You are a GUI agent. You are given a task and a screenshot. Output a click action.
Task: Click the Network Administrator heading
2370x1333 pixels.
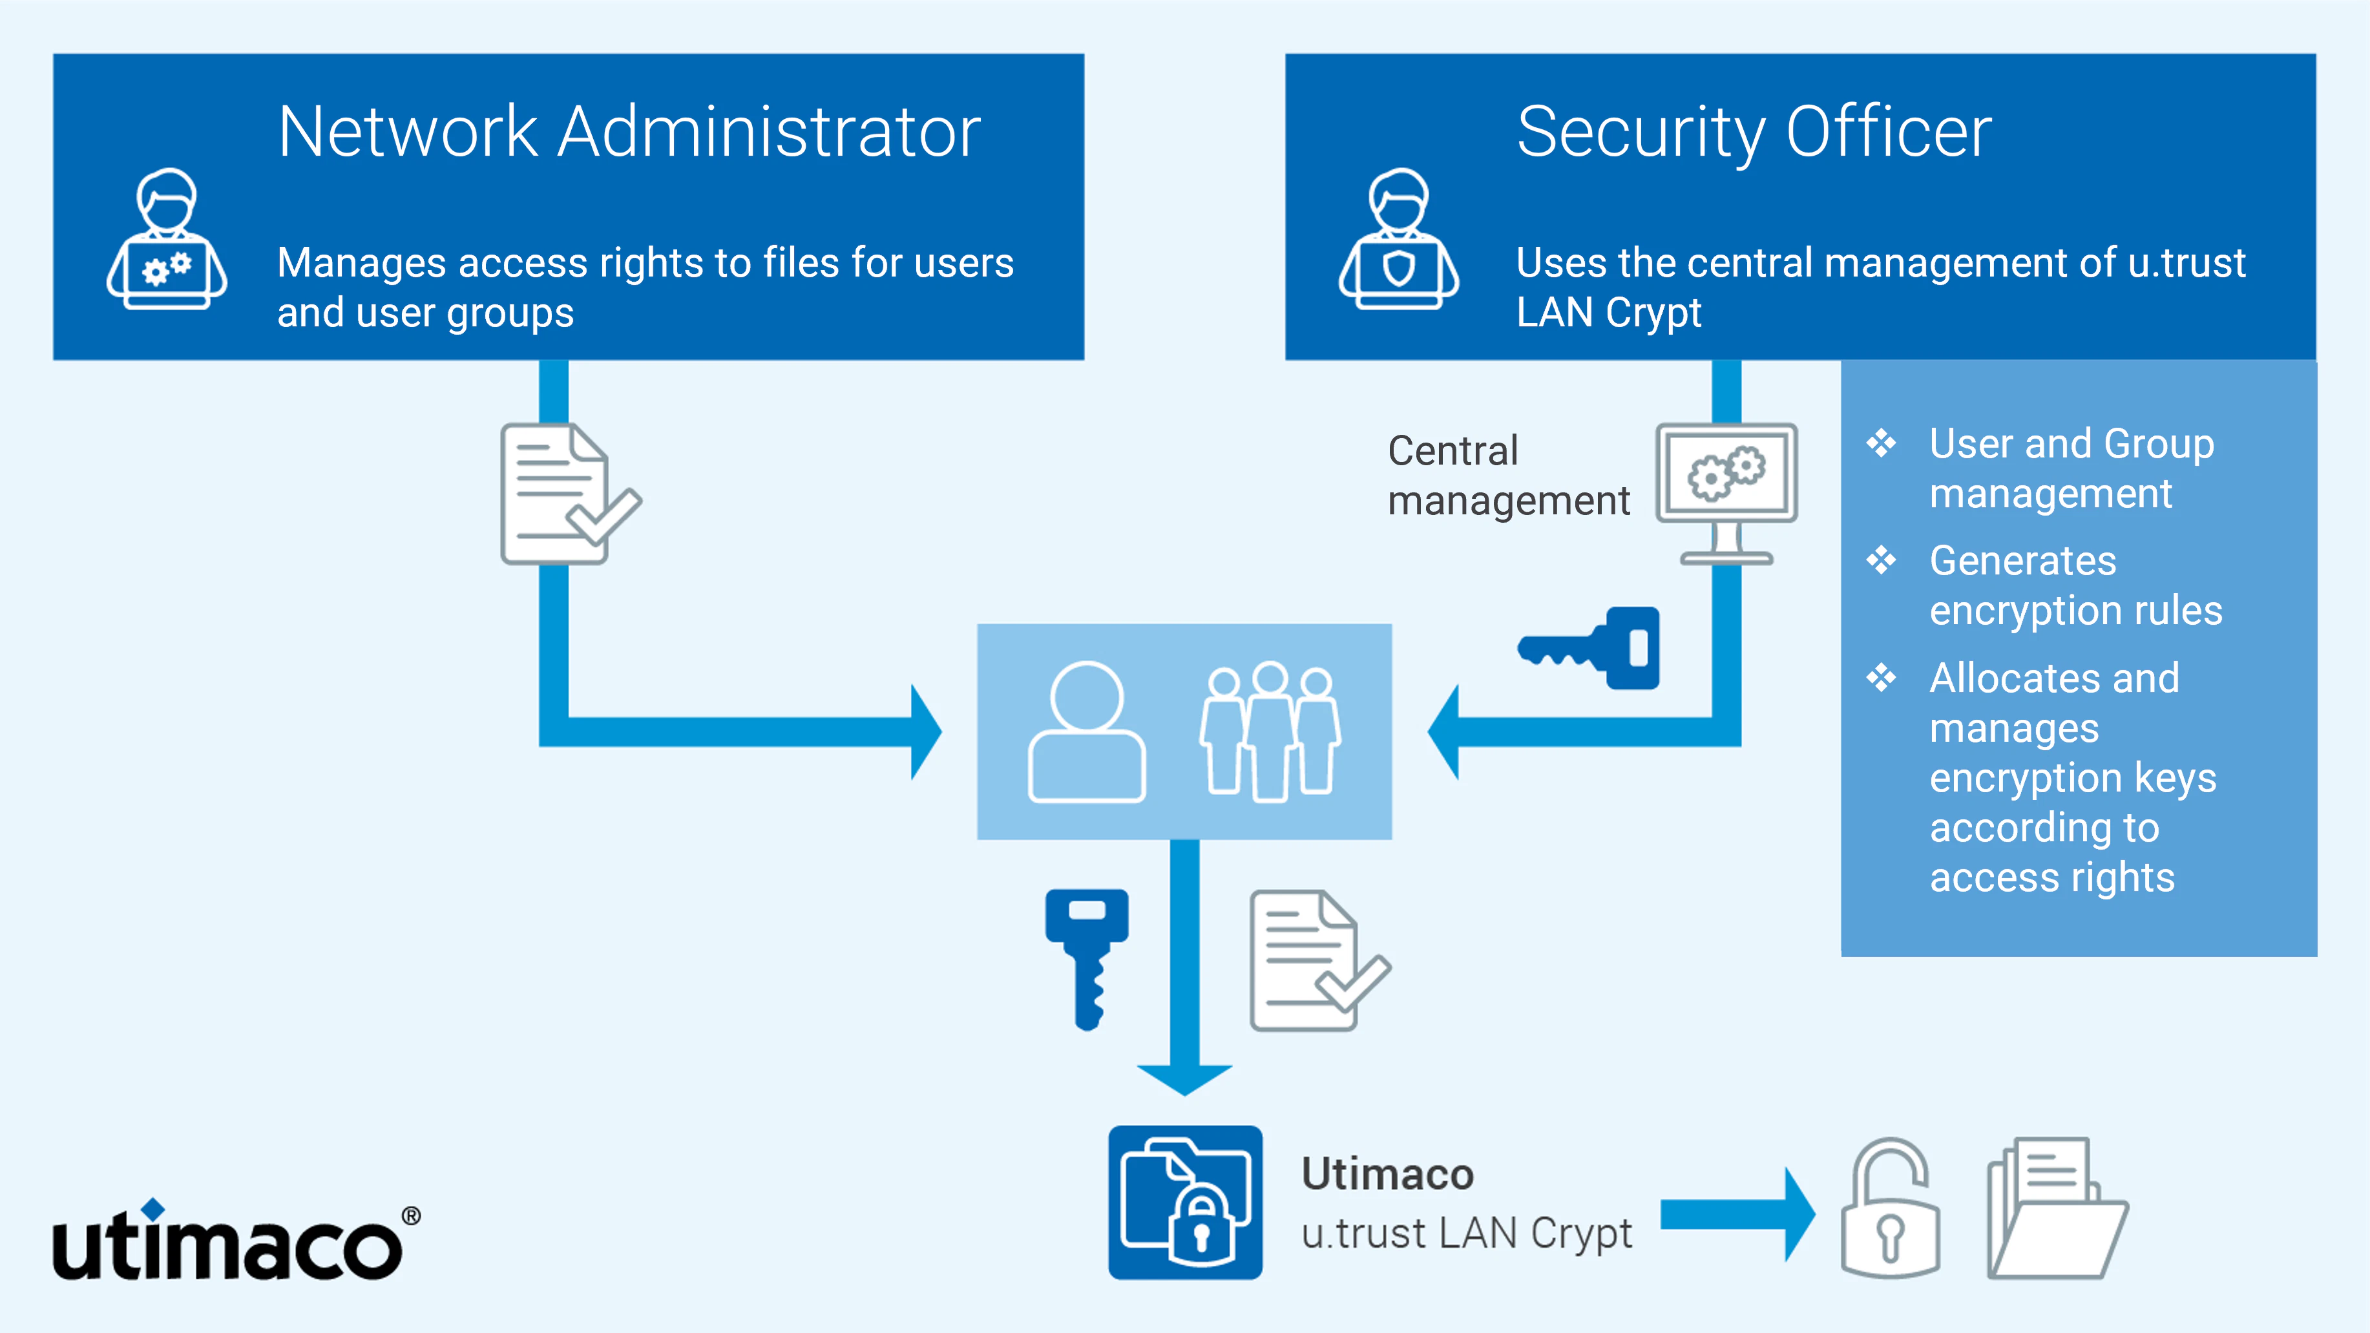coord(629,132)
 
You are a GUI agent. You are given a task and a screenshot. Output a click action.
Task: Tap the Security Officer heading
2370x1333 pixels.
coord(1754,132)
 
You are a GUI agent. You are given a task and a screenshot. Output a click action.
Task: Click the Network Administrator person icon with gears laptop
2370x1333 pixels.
coord(167,240)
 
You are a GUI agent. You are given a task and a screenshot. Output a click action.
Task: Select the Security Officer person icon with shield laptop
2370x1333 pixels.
coord(1398,240)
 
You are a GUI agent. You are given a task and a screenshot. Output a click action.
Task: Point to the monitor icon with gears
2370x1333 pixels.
coord(1726,492)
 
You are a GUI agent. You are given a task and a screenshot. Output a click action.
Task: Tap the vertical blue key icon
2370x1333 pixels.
coord(1087,957)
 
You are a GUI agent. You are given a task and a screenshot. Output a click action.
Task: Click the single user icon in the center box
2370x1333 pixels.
coord(1087,731)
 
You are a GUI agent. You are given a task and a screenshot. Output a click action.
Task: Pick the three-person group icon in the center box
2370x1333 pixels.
coord(1270,731)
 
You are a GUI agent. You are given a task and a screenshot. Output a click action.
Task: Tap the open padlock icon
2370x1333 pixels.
coord(1890,1209)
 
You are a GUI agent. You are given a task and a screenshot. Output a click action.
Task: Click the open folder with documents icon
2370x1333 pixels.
coord(2056,1209)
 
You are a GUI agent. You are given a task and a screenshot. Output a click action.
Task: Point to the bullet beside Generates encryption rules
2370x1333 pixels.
coord(1880,560)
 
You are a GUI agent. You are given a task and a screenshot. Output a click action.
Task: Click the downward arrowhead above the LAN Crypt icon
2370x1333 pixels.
coord(1184,1079)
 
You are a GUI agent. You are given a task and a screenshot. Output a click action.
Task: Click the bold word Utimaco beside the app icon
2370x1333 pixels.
coord(1387,1174)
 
